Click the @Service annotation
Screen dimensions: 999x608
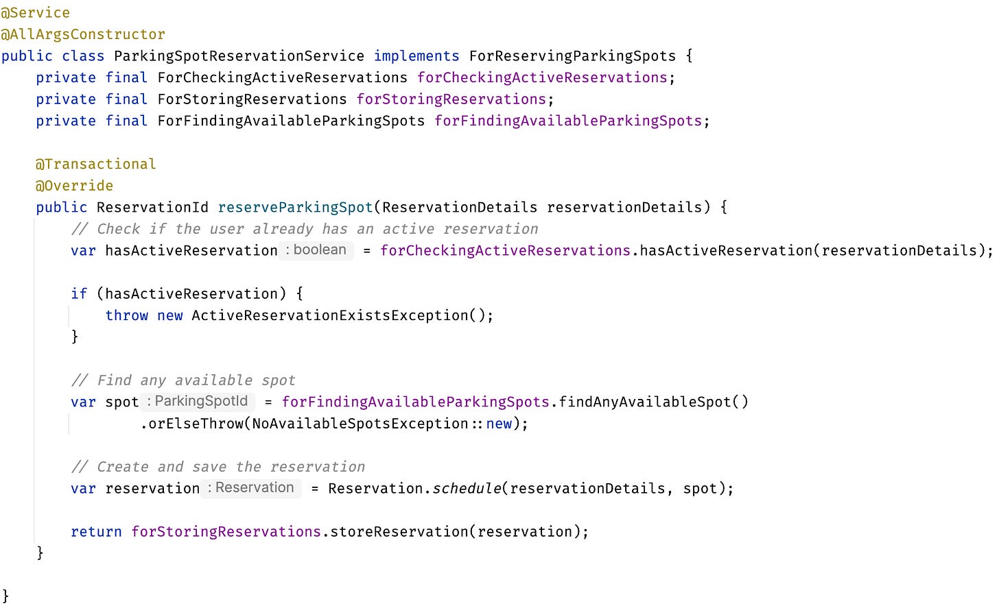pos(35,12)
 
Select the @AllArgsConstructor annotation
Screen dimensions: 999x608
pos(83,34)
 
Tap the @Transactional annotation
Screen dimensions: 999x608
pos(96,164)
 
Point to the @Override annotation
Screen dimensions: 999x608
pos(74,186)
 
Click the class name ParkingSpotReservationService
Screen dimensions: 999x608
pos(239,56)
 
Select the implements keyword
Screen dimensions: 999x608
pos(416,56)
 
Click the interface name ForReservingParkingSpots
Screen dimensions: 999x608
pos(572,56)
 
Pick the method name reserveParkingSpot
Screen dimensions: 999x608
pos(295,207)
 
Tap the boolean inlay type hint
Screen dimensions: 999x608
pos(316,250)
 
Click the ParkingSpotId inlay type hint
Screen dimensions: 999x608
pos(198,401)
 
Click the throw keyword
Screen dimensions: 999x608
pos(126,315)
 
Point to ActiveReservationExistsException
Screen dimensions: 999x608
pos(329,315)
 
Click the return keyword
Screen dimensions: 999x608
pos(96,532)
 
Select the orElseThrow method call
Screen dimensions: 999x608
pos(196,424)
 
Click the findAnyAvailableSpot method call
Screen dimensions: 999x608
pos(645,402)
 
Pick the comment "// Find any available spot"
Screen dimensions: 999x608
pos(183,380)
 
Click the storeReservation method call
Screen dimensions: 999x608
pos(399,532)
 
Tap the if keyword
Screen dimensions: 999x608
pos(79,294)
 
